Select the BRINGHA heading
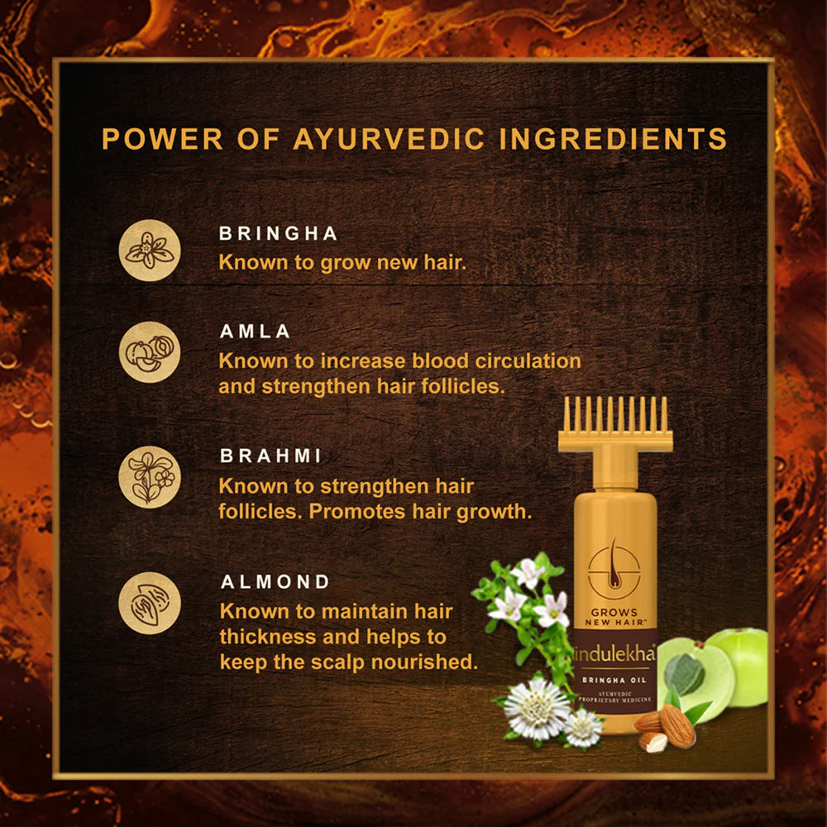pos(279,234)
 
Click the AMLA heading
pos(255,332)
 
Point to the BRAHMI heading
pos(270,456)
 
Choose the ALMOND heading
pos(275,582)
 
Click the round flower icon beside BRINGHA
pos(149,251)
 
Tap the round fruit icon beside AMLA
pos(149,351)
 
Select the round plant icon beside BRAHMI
pos(149,476)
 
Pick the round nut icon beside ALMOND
pos(149,603)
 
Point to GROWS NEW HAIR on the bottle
pos(614,616)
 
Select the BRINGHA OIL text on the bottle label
pos(614,680)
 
